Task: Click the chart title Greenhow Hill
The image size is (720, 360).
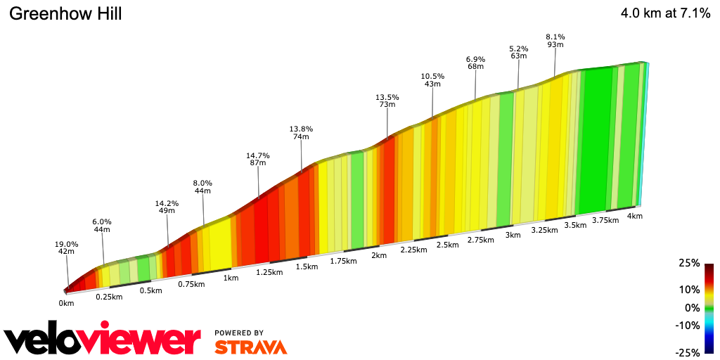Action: coord(65,14)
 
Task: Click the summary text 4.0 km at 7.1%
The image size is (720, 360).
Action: coord(665,13)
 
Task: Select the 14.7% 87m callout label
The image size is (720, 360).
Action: coord(258,159)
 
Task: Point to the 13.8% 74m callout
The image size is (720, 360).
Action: coord(301,133)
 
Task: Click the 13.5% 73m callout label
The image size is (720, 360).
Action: coord(387,101)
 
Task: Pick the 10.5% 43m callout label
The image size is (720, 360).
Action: coord(432,80)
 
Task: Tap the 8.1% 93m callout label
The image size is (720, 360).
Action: coord(555,41)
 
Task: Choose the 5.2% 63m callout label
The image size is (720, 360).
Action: coord(519,52)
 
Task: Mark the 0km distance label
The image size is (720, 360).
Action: coord(66,304)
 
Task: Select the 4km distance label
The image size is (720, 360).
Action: coord(634,216)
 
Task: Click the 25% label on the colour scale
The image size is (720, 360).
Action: coord(690,263)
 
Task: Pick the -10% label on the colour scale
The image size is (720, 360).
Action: coord(687,325)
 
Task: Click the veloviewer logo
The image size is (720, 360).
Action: coord(103,340)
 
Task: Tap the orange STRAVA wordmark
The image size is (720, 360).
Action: coord(250,347)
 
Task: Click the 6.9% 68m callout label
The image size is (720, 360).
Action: coord(475,63)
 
